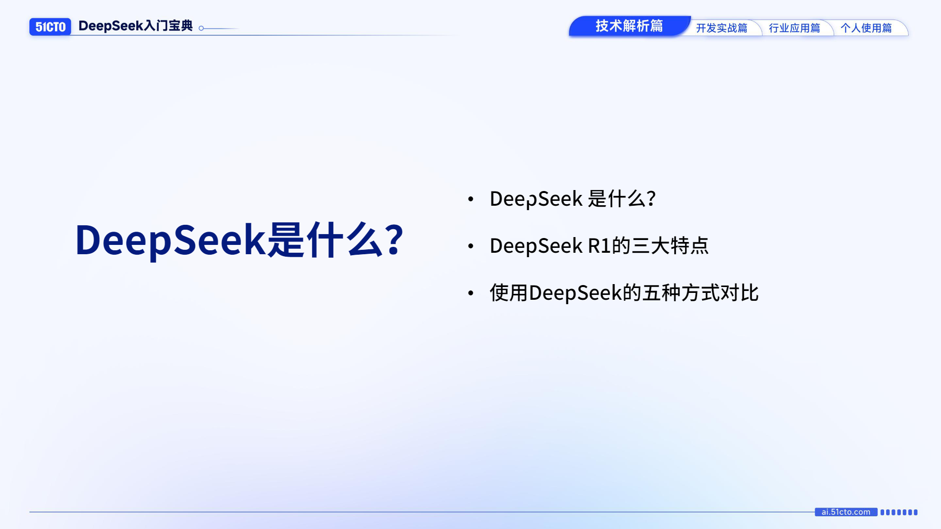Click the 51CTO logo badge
(x=50, y=26)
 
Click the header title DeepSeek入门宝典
(x=135, y=26)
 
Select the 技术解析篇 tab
(x=629, y=26)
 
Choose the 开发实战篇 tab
(x=721, y=28)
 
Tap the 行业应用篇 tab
(x=794, y=28)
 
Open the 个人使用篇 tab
(x=866, y=28)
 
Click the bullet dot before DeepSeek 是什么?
(x=470, y=199)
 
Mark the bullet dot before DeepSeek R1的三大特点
(x=470, y=246)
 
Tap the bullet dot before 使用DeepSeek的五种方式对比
(x=470, y=293)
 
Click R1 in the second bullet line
(x=599, y=245)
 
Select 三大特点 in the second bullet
(x=670, y=245)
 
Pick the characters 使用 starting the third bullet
(x=509, y=293)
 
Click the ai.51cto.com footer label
(x=846, y=512)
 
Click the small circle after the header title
(x=201, y=28)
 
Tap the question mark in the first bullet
(x=651, y=198)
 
